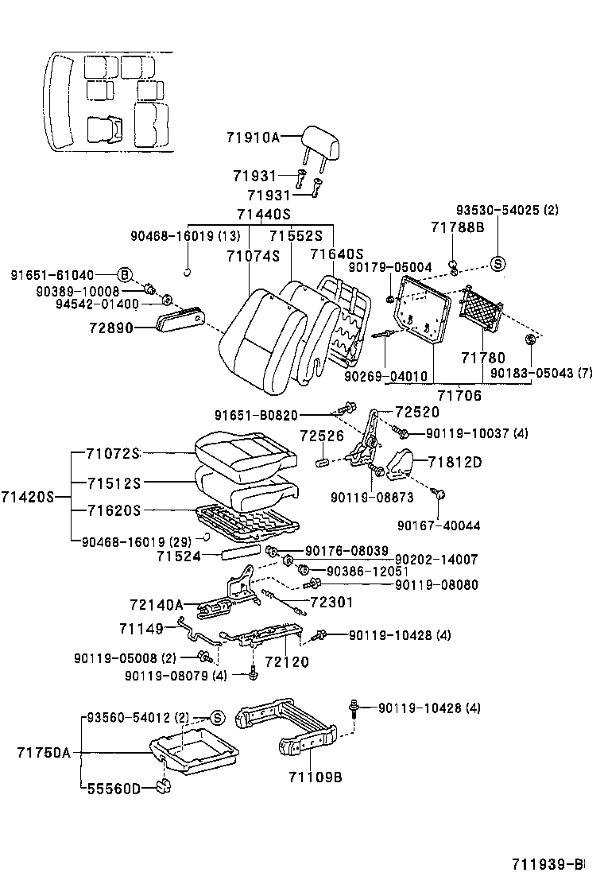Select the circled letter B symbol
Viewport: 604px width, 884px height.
126,274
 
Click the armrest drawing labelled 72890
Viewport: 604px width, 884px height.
182,320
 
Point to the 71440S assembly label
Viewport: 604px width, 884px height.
264,215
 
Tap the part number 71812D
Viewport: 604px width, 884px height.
455,462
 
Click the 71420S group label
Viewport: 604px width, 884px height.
27,496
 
